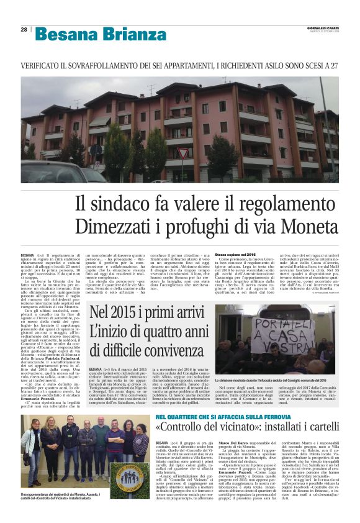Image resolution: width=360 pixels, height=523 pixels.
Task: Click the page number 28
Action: (24, 29)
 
